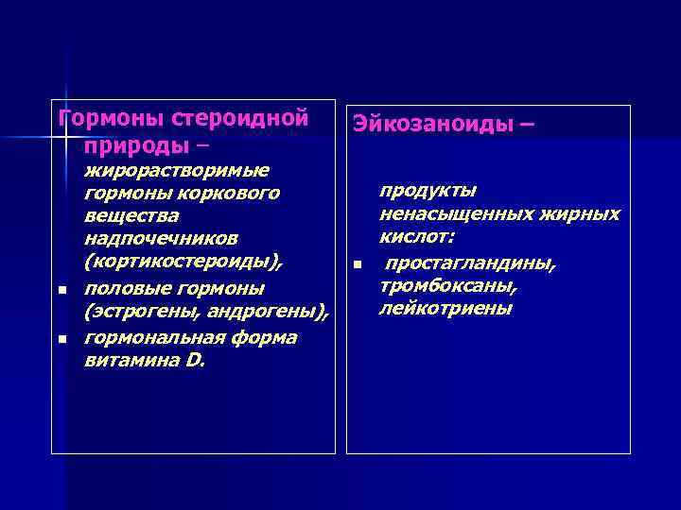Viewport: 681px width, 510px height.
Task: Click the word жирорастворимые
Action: coord(177,170)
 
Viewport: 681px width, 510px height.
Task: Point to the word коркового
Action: coord(233,194)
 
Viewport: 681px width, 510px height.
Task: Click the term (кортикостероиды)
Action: coord(183,261)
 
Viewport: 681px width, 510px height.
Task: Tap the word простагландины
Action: coord(470,263)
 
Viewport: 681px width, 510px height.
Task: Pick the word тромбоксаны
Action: coord(446,286)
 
